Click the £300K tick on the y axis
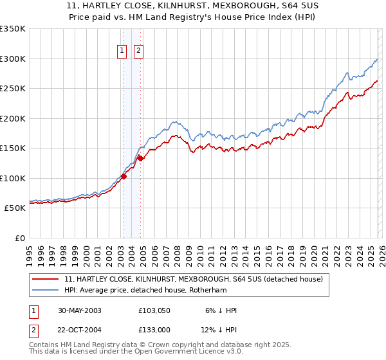pos(14,59)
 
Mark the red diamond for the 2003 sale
pos(124,177)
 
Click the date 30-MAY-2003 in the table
pos(79,310)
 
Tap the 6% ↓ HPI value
pos(219,310)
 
